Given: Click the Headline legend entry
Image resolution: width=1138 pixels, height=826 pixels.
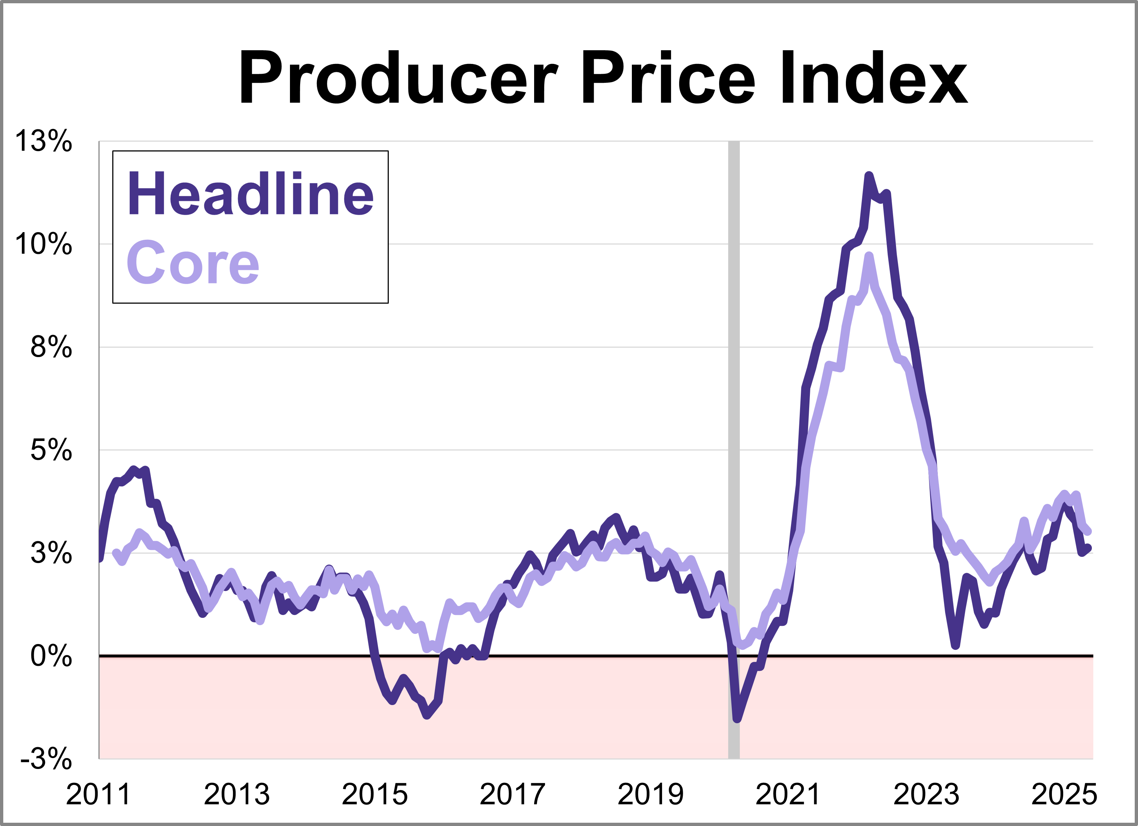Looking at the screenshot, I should click(250, 194).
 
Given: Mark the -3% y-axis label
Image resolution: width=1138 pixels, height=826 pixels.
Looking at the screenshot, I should click(46, 759).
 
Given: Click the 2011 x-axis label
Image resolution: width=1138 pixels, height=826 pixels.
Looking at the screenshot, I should click(98, 794).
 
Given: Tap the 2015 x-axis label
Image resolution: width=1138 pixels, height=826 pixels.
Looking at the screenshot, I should click(374, 794).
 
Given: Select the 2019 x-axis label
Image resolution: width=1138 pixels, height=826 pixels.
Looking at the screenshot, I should click(650, 794).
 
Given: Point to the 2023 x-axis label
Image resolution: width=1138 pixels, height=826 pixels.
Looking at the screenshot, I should click(926, 794).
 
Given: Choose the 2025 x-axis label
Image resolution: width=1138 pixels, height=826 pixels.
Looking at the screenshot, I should click(1064, 794).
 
